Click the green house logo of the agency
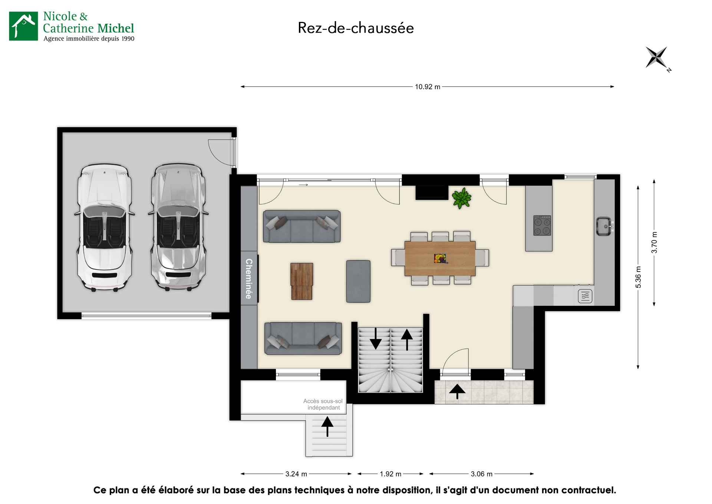click(x=23, y=26)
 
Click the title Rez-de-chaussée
click(x=356, y=28)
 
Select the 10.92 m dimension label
click(x=428, y=87)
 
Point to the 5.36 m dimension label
click(x=638, y=277)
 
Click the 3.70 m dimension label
click(x=654, y=242)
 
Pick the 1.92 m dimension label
click(x=390, y=474)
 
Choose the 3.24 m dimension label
click(x=296, y=474)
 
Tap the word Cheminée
click(x=249, y=278)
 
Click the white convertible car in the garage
click(x=104, y=227)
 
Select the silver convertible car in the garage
click(x=178, y=227)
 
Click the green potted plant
click(x=461, y=198)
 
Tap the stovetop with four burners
click(x=542, y=226)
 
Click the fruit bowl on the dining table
click(x=440, y=258)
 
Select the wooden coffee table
click(x=302, y=281)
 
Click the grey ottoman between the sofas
click(x=358, y=281)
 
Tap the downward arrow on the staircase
click(x=376, y=338)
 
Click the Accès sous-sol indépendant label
click(x=323, y=404)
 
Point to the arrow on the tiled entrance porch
click(x=457, y=392)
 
